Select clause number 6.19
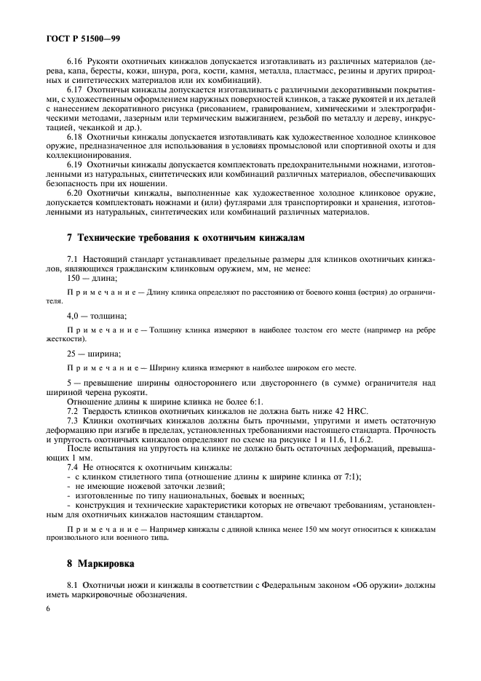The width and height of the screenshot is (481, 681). (x=74, y=164)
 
